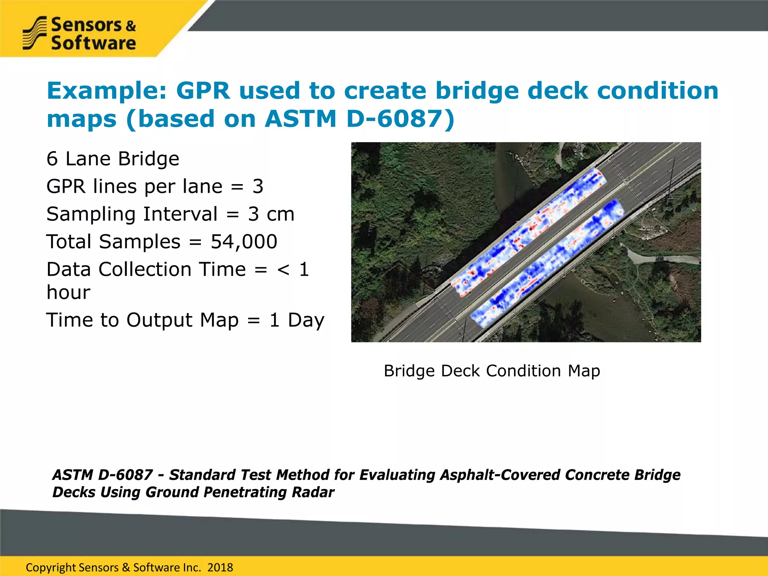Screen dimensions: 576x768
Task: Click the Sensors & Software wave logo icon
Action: [x=34, y=33]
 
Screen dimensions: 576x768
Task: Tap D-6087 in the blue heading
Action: [x=400, y=119]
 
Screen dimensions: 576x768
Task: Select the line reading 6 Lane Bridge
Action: [x=113, y=159]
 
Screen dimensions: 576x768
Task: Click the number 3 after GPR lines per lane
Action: [x=258, y=186]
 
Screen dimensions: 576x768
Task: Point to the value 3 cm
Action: [x=271, y=214]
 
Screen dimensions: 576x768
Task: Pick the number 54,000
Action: [x=244, y=242]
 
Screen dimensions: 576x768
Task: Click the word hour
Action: [x=68, y=292]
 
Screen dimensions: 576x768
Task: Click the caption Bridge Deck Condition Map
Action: [x=492, y=371]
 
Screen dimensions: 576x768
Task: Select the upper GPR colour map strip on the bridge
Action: [x=525, y=232]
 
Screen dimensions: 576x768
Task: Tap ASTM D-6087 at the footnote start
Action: [x=102, y=475]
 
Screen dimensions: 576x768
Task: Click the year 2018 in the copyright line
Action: [x=220, y=567]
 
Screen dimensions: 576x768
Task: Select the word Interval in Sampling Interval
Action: [x=180, y=214]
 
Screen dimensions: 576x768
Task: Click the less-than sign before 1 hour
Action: [x=283, y=270]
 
